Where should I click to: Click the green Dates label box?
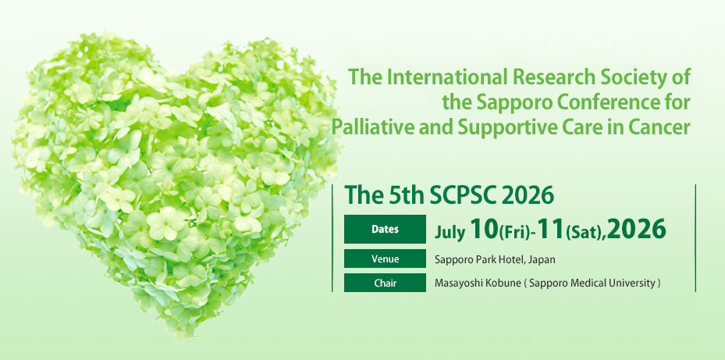(x=385, y=229)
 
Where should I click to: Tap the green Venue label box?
(x=385, y=258)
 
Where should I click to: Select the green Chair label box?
(x=385, y=283)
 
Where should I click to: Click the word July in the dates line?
(x=450, y=231)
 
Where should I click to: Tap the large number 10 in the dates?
(x=484, y=229)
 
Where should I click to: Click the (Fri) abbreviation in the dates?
(x=514, y=232)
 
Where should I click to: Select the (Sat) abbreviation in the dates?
(x=585, y=232)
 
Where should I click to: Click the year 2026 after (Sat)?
(x=637, y=229)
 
